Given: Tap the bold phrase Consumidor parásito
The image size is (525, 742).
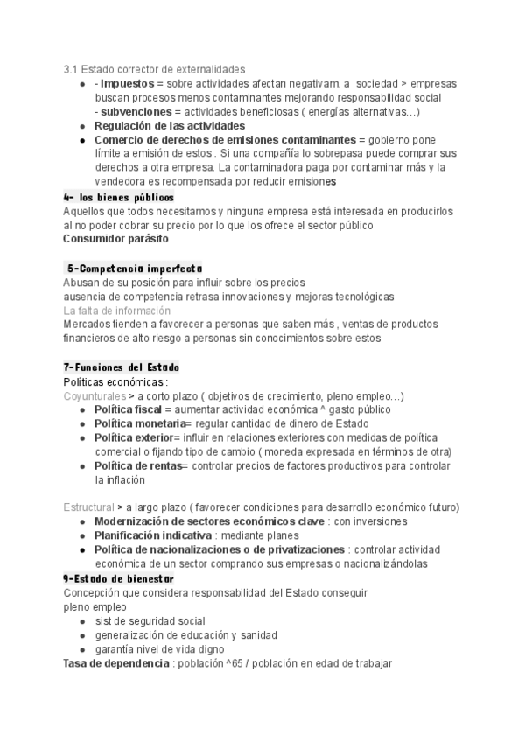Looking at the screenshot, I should [115, 239].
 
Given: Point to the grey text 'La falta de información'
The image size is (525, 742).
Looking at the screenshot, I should [116, 311].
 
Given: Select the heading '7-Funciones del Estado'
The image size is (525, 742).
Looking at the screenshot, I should [121, 367].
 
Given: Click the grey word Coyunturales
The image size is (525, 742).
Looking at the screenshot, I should [94, 395].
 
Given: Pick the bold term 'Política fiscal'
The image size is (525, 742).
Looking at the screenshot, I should [128, 409].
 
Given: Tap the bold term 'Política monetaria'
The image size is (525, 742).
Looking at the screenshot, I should [138, 423].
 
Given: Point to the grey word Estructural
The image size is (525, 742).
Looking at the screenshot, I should [89, 507].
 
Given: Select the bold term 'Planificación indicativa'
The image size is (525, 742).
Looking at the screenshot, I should [152, 535].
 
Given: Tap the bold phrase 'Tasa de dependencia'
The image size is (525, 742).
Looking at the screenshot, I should [116, 663].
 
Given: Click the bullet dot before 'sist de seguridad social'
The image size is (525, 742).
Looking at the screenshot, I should [81, 621].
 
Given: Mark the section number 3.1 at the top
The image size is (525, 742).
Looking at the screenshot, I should [71, 68].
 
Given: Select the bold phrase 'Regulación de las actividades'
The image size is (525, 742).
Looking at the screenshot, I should [169, 126].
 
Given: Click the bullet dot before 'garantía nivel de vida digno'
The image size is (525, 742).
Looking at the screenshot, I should [81, 649].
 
